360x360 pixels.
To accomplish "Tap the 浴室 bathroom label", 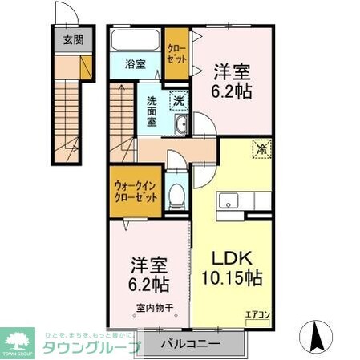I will pos(135,65).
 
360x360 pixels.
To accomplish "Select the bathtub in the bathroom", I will pos(135,42).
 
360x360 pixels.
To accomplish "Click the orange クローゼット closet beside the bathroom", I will pos(178,55).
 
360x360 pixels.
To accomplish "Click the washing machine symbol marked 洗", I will pos(180,102).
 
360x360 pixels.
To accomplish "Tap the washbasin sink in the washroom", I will pos(181,123).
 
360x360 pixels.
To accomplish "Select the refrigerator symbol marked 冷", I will pos(261,148).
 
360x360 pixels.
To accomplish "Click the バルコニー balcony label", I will pos(191,345).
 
